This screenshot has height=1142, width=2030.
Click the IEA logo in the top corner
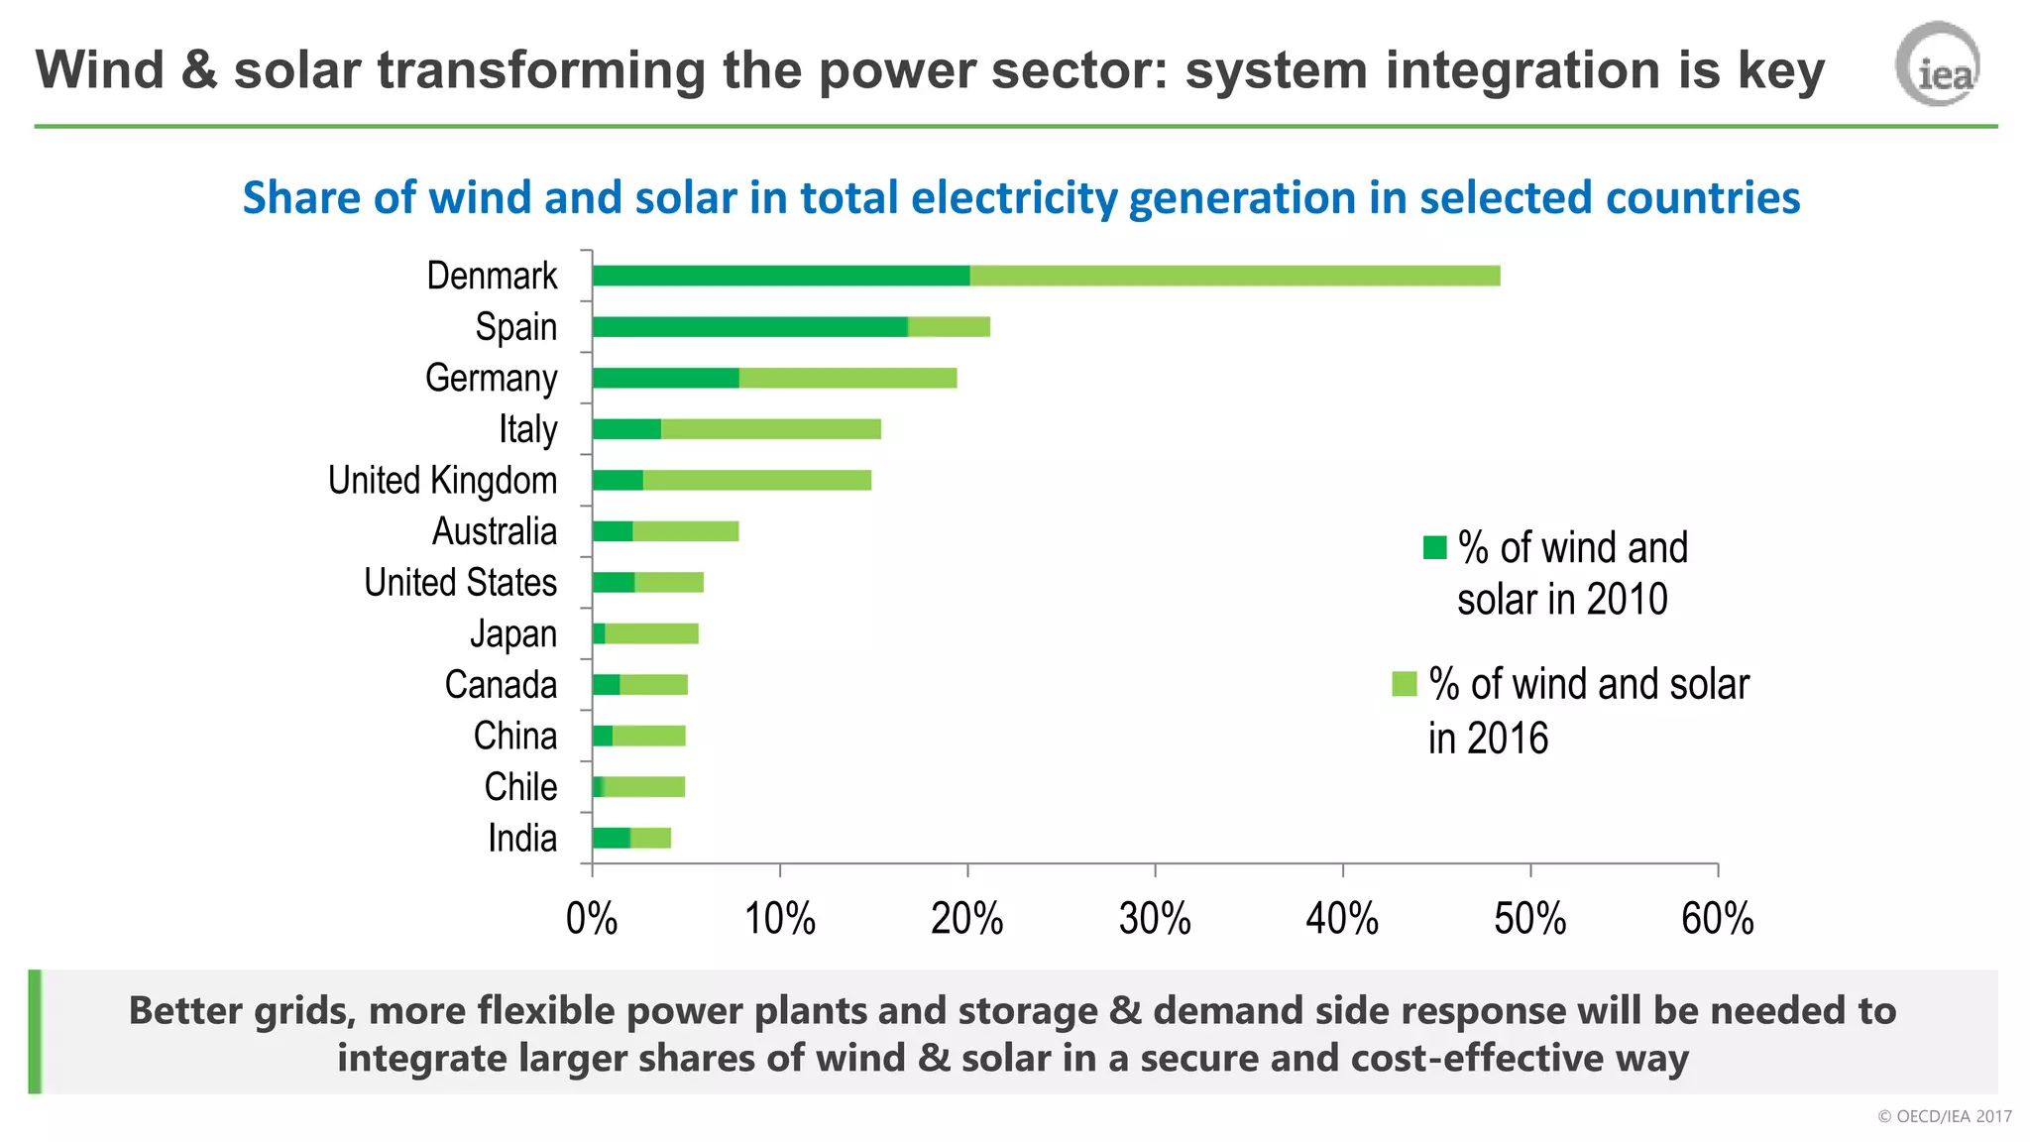point(1938,65)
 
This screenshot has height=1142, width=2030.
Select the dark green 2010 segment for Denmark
point(780,276)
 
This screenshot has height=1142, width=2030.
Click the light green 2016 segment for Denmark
point(1234,276)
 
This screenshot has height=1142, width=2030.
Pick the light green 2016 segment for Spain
point(949,327)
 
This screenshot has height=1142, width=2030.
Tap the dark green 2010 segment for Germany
point(665,378)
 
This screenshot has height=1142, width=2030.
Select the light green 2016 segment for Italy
point(770,429)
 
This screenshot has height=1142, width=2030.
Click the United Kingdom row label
point(442,481)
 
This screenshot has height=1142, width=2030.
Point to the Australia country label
point(494,532)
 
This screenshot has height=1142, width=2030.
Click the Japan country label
point(512,634)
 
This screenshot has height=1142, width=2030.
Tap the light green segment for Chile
point(644,787)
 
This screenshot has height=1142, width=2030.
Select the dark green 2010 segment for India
point(611,839)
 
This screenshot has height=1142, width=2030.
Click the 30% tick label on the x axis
point(1155,919)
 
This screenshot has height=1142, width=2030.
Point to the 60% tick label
point(1717,919)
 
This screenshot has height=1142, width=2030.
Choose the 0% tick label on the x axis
point(592,919)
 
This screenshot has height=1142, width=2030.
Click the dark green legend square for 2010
point(1434,547)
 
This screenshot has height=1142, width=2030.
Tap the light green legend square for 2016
point(1405,684)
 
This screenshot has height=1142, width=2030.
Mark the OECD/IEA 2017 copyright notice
point(1944,1116)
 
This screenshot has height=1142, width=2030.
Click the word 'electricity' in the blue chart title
point(1014,197)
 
